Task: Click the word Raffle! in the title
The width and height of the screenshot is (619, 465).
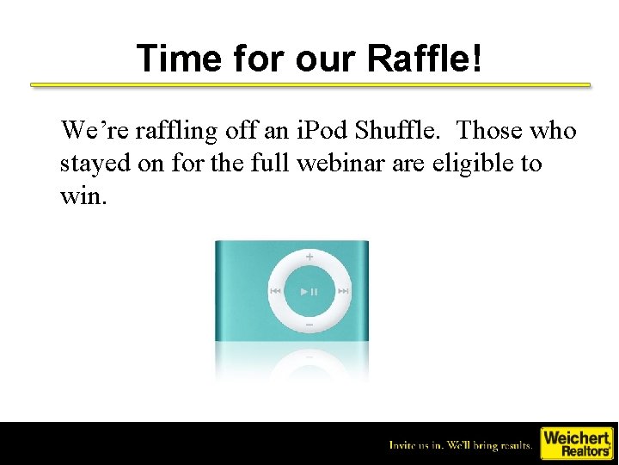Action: coord(424,59)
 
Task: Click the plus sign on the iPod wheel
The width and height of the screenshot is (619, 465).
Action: coord(309,257)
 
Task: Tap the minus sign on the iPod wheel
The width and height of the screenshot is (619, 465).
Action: coord(309,325)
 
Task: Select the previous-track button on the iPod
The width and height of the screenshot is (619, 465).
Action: coord(276,291)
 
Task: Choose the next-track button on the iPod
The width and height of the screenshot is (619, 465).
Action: coord(343,291)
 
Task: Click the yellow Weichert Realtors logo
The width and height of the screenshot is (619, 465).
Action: coord(576,443)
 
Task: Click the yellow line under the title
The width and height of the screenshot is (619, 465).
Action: coord(310,85)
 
